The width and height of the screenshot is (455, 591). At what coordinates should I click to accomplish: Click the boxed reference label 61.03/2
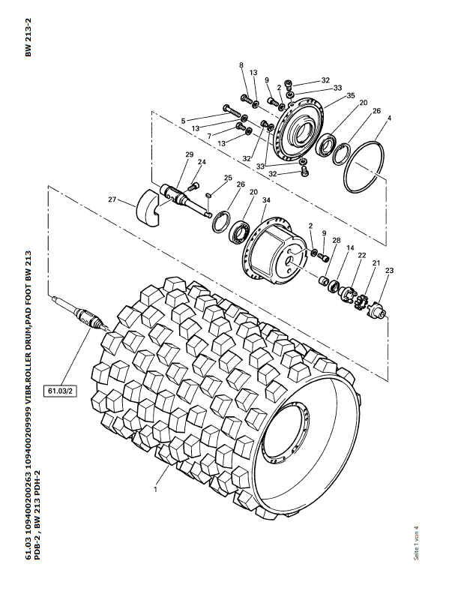click(x=60, y=391)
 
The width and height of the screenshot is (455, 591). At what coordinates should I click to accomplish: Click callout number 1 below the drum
click(x=155, y=490)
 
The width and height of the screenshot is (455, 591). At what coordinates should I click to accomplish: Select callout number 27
click(x=112, y=199)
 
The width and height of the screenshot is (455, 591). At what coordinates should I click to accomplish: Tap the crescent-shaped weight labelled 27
click(x=148, y=208)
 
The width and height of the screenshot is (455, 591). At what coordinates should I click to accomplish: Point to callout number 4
click(x=390, y=118)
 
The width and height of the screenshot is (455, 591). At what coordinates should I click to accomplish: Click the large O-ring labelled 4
click(x=364, y=166)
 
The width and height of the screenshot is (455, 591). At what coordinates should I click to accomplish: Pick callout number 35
click(x=351, y=95)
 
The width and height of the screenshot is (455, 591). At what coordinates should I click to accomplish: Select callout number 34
click(x=266, y=200)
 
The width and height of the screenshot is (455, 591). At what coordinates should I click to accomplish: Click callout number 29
click(x=190, y=154)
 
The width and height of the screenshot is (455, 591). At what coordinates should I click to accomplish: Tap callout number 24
click(x=202, y=162)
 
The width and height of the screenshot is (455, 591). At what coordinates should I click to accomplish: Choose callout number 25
click(x=229, y=178)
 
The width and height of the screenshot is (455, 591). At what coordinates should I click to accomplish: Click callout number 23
click(x=390, y=270)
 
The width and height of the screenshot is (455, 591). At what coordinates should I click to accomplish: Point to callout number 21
click(x=376, y=262)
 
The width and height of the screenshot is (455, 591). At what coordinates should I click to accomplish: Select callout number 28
click(x=337, y=240)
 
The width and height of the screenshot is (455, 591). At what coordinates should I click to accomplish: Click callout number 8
click(x=241, y=65)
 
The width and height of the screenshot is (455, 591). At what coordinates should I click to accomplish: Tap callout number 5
click(x=183, y=121)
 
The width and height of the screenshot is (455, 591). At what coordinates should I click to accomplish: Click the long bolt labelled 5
click(x=232, y=111)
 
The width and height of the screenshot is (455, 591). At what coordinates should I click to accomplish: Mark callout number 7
click(x=209, y=136)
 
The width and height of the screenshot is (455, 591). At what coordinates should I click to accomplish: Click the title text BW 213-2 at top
click(x=28, y=38)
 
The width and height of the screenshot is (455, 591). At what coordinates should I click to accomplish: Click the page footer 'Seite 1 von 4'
click(x=416, y=543)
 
